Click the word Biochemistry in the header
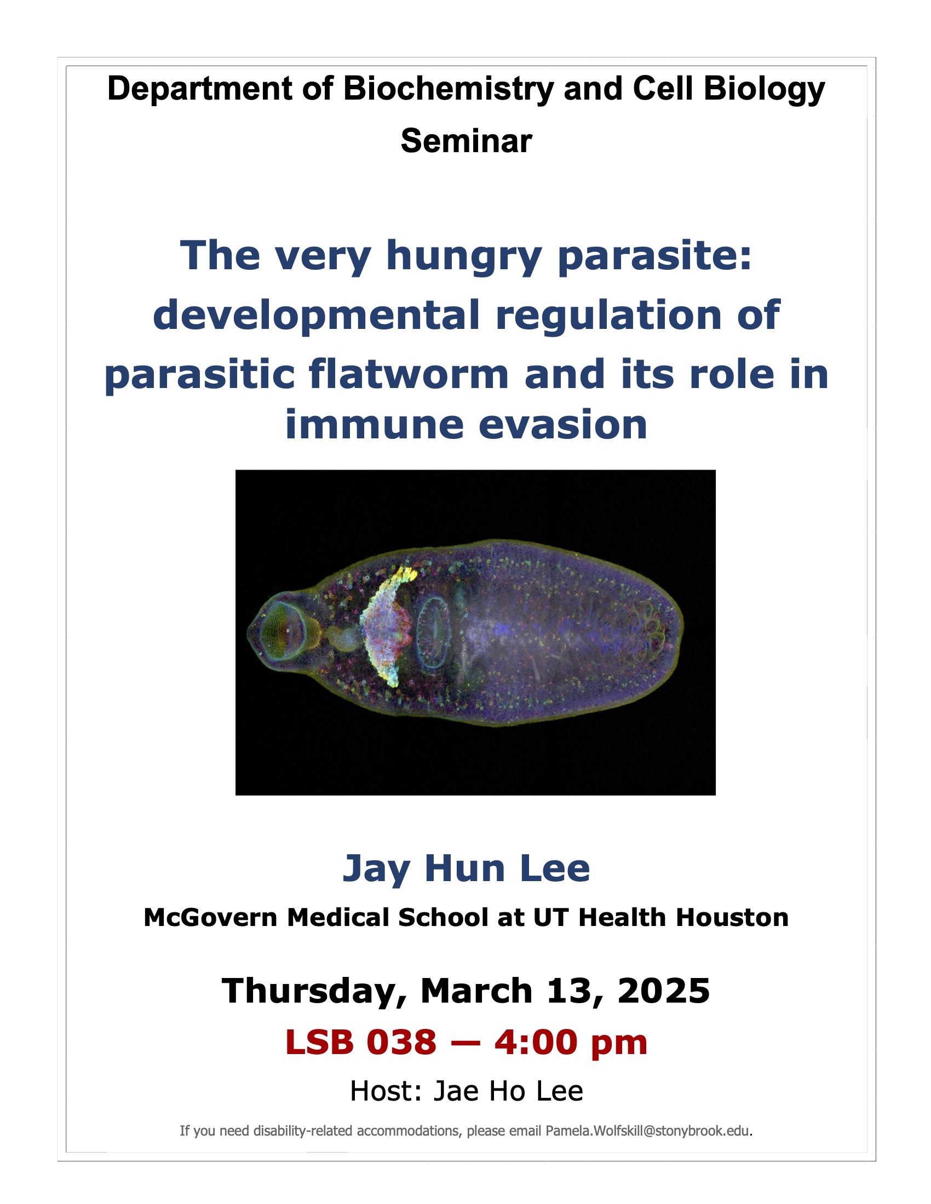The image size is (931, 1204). (449, 89)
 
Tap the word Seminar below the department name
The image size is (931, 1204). (466, 141)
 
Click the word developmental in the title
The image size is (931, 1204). (316, 315)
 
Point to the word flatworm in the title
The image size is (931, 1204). (408, 374)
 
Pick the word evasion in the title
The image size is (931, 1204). (563, 426)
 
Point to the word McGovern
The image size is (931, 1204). (210, 918)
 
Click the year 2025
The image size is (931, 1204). (664, 991)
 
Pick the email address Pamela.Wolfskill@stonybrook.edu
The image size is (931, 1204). (647, 1131)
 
